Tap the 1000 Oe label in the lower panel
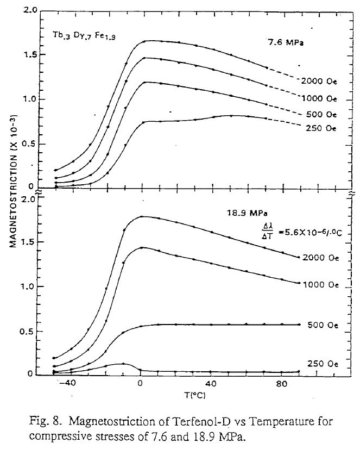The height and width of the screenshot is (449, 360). point(324,283)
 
